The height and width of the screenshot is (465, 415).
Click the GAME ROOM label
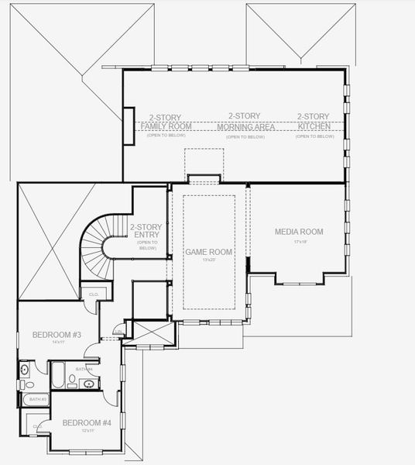pos(208,252)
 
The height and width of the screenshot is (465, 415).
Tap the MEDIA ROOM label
pos(299,232)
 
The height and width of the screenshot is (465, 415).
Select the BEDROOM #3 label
pos(57,334)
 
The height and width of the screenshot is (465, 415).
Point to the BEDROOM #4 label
pos(87,422)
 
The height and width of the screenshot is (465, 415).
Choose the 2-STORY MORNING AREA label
pos(244,122)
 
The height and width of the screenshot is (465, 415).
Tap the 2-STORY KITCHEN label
pos(314,122)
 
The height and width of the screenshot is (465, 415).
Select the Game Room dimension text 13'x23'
pos(208,260)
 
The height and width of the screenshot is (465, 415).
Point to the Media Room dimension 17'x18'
pos(299,242)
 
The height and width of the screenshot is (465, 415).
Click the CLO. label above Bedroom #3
pos(93,294)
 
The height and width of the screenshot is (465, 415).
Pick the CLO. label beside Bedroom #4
pos(38,425)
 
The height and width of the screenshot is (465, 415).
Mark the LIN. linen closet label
pos(118,332)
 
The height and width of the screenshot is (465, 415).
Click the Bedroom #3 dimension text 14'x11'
pos(57,342)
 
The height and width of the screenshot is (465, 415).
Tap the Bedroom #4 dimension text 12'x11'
pos(87,430)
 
